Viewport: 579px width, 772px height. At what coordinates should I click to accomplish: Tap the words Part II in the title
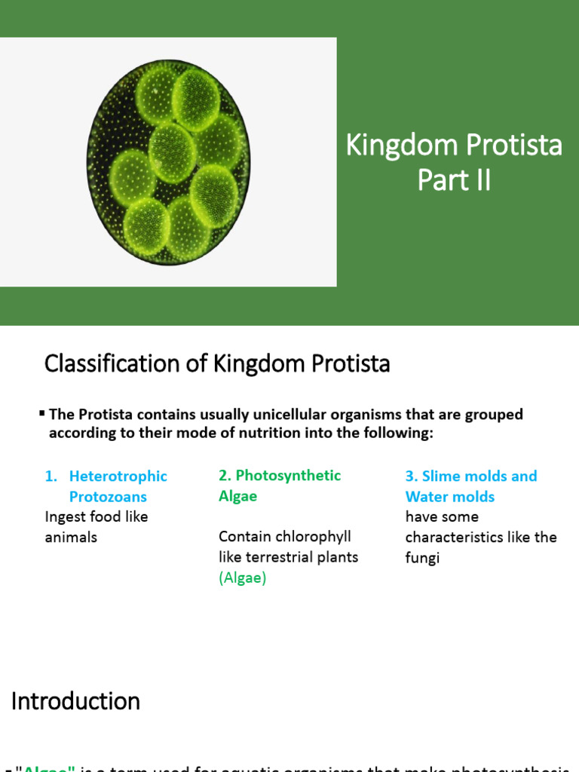(454, 181)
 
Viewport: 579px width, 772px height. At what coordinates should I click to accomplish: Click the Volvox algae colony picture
(169, 161)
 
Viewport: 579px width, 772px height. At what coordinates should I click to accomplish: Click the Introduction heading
(75, 701)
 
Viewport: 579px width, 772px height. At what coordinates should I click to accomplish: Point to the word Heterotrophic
(118, 476)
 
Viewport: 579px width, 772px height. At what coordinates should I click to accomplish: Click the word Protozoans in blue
(108, 497)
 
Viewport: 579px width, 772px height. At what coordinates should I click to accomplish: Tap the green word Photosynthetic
(288, 476)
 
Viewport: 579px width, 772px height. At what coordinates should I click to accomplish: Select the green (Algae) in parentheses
(242, 578)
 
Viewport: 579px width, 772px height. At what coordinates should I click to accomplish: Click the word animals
(71, 538)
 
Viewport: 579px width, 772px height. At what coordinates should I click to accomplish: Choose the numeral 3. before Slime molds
(412, 476)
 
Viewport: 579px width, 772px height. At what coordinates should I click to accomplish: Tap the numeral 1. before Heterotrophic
(51, 476)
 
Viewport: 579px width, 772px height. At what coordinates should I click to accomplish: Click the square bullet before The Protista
(42, 413)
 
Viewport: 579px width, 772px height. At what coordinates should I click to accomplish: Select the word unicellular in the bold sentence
(260, 415)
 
